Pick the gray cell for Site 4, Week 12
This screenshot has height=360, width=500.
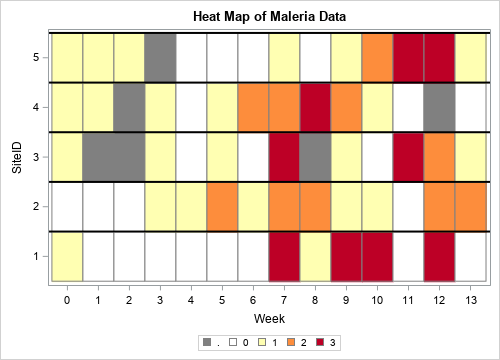[439, 107]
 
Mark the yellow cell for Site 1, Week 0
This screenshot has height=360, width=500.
[67, 256]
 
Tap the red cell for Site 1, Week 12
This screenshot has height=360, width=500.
[439, 256]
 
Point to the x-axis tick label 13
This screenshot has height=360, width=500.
[470, 298]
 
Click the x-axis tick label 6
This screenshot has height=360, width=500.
[253, 298]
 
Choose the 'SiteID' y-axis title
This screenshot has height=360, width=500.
[16, 157]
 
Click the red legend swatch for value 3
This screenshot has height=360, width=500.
[322, 343]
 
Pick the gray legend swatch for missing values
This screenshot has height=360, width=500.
[208, 343]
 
